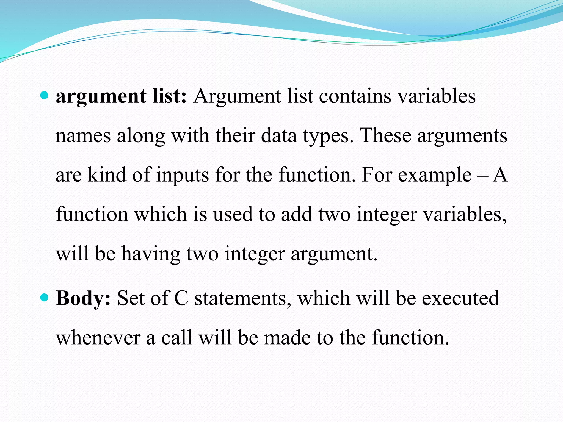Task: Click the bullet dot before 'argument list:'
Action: (x=44, y=96)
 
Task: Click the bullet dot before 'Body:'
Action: (x=44, y=298)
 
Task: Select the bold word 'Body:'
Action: (x=83, y=298)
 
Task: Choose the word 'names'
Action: (x=83, y=136)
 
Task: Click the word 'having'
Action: (x=151, y=254)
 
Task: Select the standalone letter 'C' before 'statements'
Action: (x=181, y=298)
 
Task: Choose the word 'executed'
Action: (x=460, y=298)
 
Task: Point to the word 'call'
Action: (x=176, y=337)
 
